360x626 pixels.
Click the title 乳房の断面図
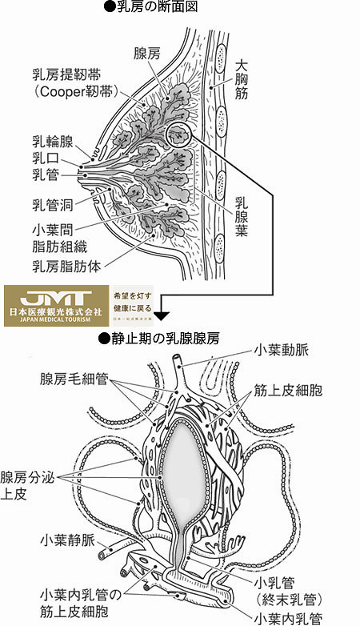pyautogui.click(x=156, y=7)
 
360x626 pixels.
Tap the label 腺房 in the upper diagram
pyautogui.click(x=148, y=54)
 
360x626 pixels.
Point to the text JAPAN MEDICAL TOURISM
pyautogui.click(x=54, y=320)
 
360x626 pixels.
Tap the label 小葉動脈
pyautogui.click(x=286, y=350)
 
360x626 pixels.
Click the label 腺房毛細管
pyautogui.click(x=76, y=375)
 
